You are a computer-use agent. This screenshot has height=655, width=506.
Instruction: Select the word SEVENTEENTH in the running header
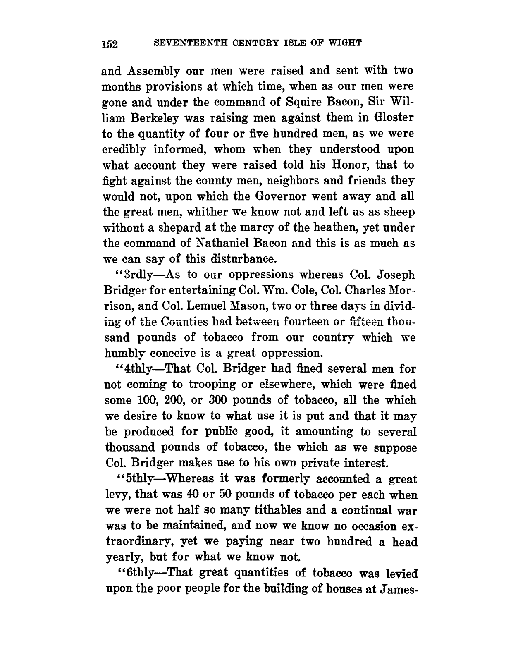(179, 43)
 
